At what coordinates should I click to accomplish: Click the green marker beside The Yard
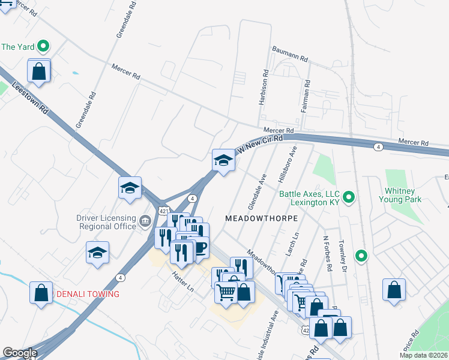(x=43, y=46)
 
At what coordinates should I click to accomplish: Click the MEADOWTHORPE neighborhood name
(x=261, y=219)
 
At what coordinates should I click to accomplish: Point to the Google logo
(x=20, y=353)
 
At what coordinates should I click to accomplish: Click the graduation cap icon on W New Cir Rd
(x=223, y=160)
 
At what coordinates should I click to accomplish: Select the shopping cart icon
(x=226, y=292)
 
